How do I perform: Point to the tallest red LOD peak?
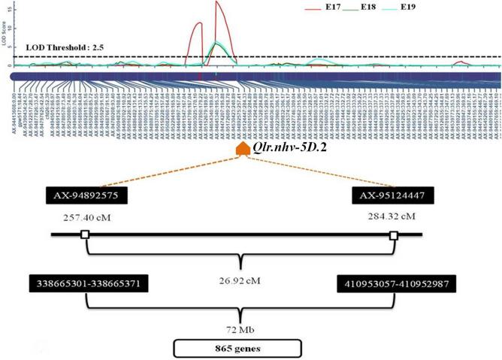(x=216, y=3)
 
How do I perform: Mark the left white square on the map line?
(x=85, y=235)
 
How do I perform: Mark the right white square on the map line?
(x=394, y=235)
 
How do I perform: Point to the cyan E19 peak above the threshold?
(x=216, y=42)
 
